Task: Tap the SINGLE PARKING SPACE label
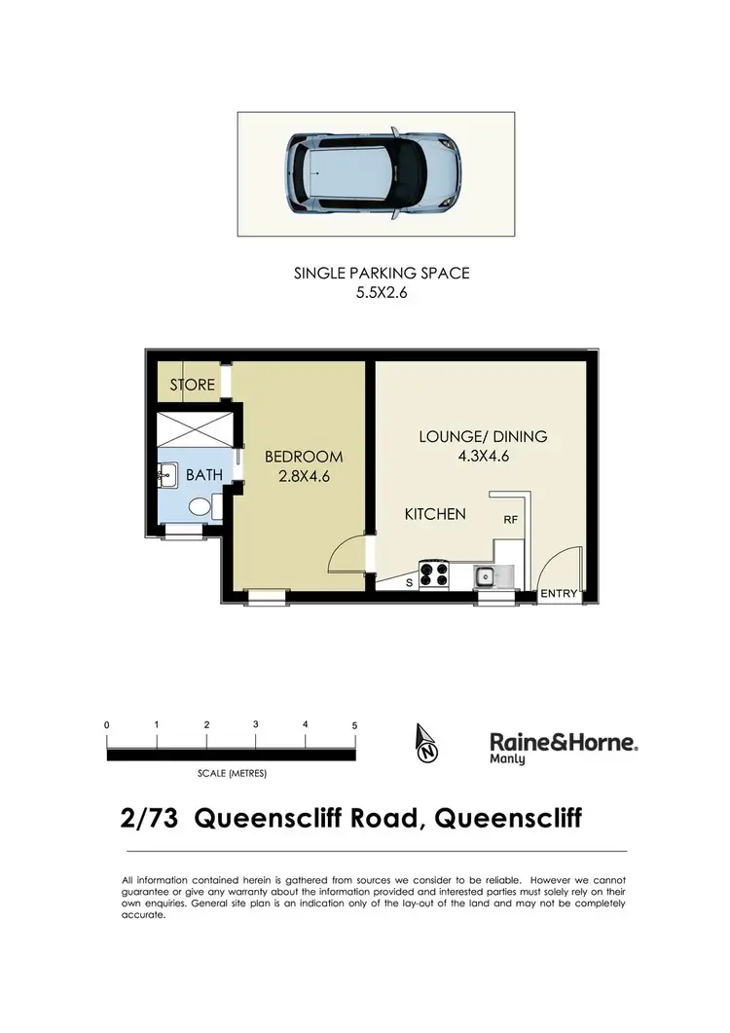point(382,274)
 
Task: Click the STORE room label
point(192,385)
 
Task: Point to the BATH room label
point(205,475)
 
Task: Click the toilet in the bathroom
point(201,506)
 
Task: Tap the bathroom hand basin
point(166,476)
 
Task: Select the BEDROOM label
point(304,457)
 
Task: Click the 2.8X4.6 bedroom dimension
point(304,476)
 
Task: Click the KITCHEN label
point(435,513)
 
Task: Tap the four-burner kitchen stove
point(432,574)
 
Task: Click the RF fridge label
point(510,521)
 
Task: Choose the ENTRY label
point(559,594)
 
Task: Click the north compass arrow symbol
point(425,744)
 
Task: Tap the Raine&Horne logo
point(563,747)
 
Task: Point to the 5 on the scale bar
point(354,726)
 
